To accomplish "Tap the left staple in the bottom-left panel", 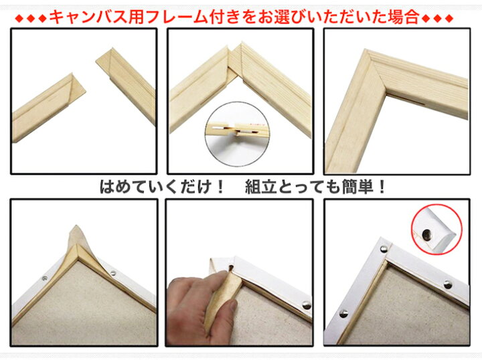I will tap(45, 276).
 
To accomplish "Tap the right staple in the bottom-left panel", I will tap(112, 273).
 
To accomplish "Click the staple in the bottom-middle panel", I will tap(306, 305).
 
